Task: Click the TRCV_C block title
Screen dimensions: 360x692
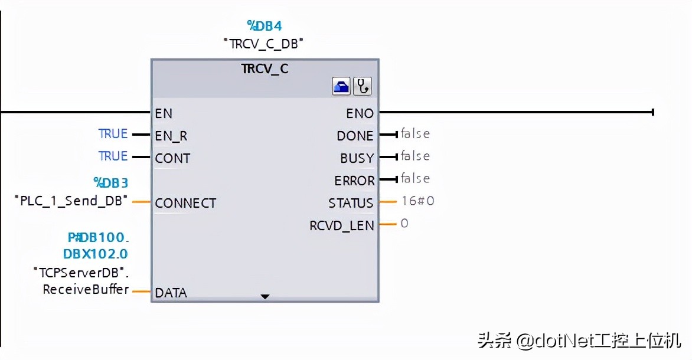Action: [x=265, y=68]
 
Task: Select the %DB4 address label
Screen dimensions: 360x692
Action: [x=265, y=26]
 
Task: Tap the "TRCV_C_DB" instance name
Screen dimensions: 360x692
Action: [x=265, y=43]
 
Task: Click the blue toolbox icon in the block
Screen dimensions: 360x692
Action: [x=341, y=87]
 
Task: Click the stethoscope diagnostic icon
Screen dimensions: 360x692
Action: [x=362, y=87]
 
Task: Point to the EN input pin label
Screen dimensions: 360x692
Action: [x=164, y=113]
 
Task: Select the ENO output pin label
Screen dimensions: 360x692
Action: [x=360, y=113]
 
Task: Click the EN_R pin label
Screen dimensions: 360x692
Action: [x=171, y=136]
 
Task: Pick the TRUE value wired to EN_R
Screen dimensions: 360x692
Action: [x=113, y=134]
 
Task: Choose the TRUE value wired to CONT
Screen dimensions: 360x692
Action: [x=113, y=156]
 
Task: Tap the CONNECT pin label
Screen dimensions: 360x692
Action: [x=185, y=203]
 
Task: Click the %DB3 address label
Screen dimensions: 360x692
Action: [x=110, y=183]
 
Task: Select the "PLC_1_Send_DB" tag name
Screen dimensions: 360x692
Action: [x=71, y=201]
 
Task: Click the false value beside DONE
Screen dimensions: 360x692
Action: [x=415, y=134]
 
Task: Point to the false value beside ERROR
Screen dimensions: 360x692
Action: [x=415, y=179]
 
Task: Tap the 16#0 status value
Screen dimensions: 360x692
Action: [x=417, y=201]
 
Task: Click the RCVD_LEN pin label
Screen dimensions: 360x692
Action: [x=341, y=225]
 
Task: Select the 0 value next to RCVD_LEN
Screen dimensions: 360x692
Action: [x=404, y=224]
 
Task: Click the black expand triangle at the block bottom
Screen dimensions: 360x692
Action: [x=265, y=296]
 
